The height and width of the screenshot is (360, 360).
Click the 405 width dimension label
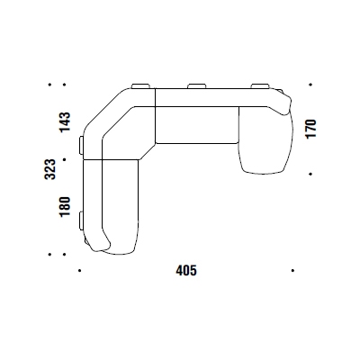click(x=186, y=271)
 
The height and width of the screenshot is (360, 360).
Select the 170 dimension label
click(x=310, y=129)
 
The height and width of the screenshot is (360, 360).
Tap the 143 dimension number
click(x=65, y=121)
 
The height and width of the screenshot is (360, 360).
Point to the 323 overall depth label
click(x=49, y=169)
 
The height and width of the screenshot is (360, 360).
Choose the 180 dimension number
click(x=65, y=206)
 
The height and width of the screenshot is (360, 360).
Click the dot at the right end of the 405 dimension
click(x=292, y=271)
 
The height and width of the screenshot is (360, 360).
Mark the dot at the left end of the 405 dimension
click(x=79, y=271)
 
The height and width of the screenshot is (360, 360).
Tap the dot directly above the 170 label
click(x=310, y=85)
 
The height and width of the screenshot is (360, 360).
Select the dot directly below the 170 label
click(x=310, y=174)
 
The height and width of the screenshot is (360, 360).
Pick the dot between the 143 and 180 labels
click(x=65, y=159)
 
